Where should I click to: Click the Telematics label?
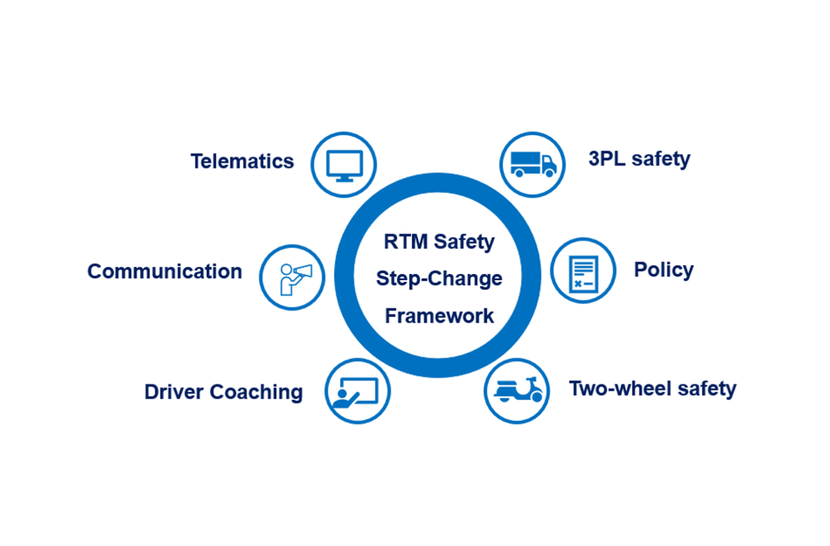click(x=242, y=162)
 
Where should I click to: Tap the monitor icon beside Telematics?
click(x=344, y=165)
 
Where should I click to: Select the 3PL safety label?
click(x=639, y=159)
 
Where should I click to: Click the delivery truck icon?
click(x=532, y=164)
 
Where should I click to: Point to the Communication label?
click(x=165, y=272)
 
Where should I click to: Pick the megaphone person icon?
click(x=293, y=278)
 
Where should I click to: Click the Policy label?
click(x=663, y=270)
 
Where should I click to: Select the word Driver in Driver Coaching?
click(x=174, y=392)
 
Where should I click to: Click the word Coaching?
click(x=256, y=392)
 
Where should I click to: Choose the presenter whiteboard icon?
click(x=357, y=392)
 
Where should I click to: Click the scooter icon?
click(x=517, y=390)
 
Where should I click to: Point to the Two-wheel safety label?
click(x=652, y=389)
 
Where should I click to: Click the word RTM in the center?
click(x=406, y=242)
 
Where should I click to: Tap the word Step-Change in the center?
click(x=439, y=278)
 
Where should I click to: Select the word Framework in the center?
click(x=439, y=316)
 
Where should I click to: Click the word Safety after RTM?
click(x=464, y=242)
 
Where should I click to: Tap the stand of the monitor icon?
click(x=344, y=179)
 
